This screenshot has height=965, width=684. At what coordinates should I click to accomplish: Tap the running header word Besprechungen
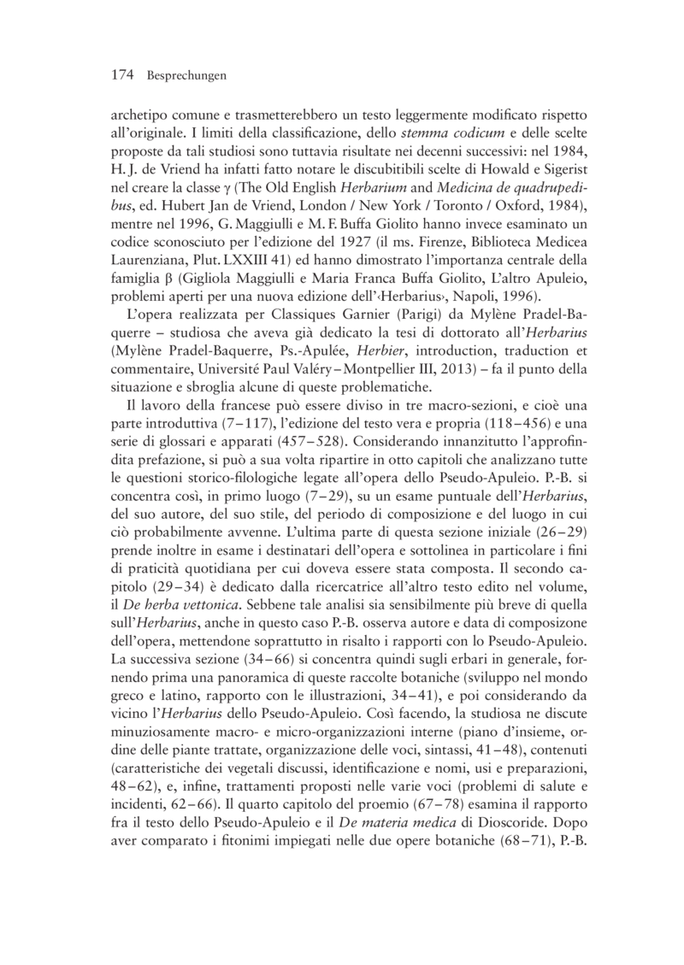pos(186,77)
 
